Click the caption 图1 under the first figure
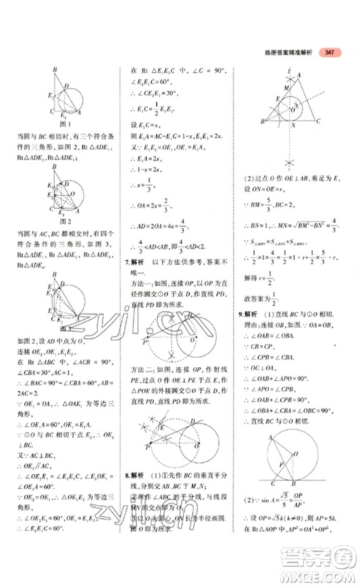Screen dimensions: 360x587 pyautogui.click(x=64, y=123)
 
